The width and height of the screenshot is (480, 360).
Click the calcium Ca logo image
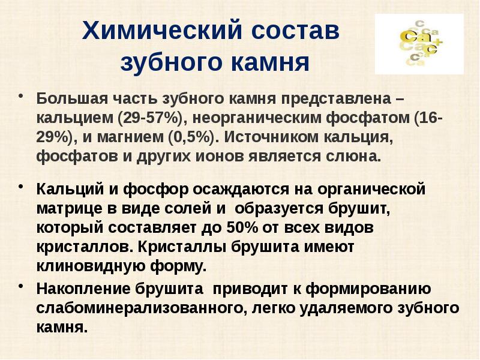coord(419,44)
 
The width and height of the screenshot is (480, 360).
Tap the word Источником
coord(269,137)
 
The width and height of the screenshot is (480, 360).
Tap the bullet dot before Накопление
coord(22,286)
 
